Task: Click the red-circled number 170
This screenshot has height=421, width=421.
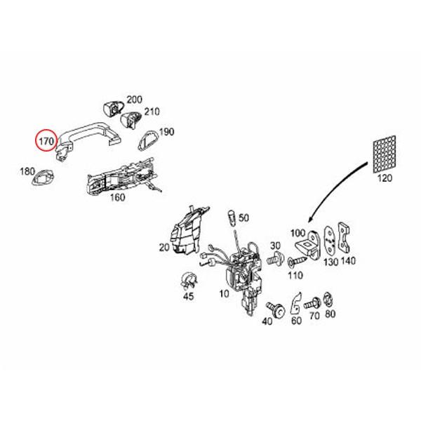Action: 47,140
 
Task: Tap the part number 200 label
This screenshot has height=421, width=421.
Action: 133,100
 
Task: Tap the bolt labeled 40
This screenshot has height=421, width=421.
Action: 274,309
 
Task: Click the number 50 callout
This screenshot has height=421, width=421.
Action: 243,218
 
